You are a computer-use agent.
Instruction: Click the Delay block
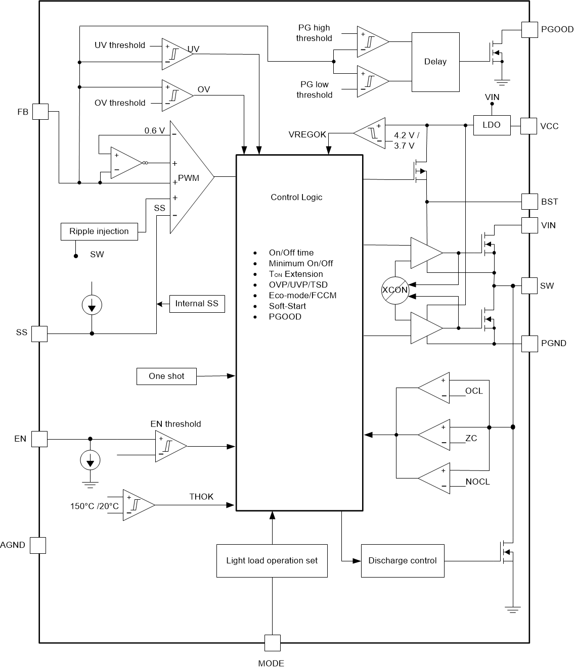click(435, 62)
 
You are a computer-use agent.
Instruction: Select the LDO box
click(492, 125)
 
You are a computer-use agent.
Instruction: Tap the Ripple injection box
click(99, 231)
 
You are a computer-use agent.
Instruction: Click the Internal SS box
click(197, 304)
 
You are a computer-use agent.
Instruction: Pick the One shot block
click(166, 376)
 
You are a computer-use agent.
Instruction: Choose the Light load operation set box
click(272, 561)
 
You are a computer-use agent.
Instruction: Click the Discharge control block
click(403, 561)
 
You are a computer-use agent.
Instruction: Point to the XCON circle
click(394, 291)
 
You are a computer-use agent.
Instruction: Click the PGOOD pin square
click(529, 29)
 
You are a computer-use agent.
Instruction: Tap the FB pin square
click(40, 112)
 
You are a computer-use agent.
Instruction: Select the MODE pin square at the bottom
click(272, 643)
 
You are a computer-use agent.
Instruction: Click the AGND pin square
click(38, 545)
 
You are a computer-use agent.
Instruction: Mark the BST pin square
click(529, 202)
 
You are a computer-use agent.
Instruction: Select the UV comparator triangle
click(175, 53)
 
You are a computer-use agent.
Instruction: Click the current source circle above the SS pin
click(92, 305)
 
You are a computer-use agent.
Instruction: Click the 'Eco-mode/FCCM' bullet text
click(302, 296)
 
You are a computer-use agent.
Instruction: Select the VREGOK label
click(307, 134)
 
